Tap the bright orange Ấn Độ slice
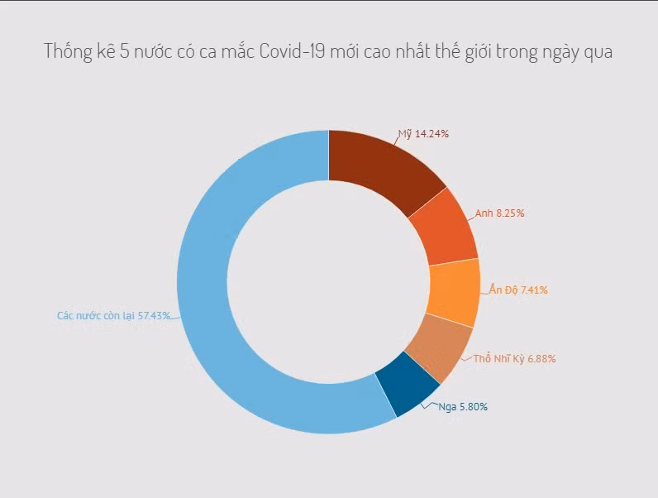coord(453,292)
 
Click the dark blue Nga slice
coord(406,385)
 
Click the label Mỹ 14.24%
coord(422,134)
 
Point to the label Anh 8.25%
coord(499,213)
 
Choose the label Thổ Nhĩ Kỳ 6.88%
coord(514,359)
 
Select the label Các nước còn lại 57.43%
coord(113,316)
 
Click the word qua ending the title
coord(597,51)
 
